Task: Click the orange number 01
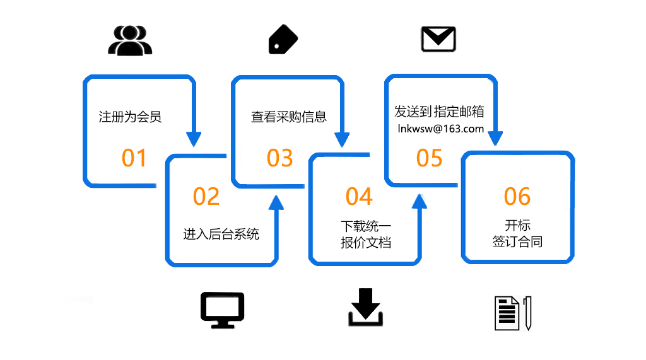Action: point(134,158)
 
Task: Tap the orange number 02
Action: point(206,197)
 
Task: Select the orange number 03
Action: point(280,158)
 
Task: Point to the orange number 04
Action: point(359,197)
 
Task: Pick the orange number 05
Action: point(430,158)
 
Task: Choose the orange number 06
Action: point(517,197)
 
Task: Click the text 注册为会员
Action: point(131,117)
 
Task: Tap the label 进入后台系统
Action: point(221,235)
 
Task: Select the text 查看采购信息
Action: point(289,117)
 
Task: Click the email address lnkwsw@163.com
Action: point(441,129)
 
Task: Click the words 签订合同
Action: point(517,241)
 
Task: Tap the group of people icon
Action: point(131,41)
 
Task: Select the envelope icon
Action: point(438,40)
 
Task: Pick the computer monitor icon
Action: point(222,310)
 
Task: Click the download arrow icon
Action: point(365,307)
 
